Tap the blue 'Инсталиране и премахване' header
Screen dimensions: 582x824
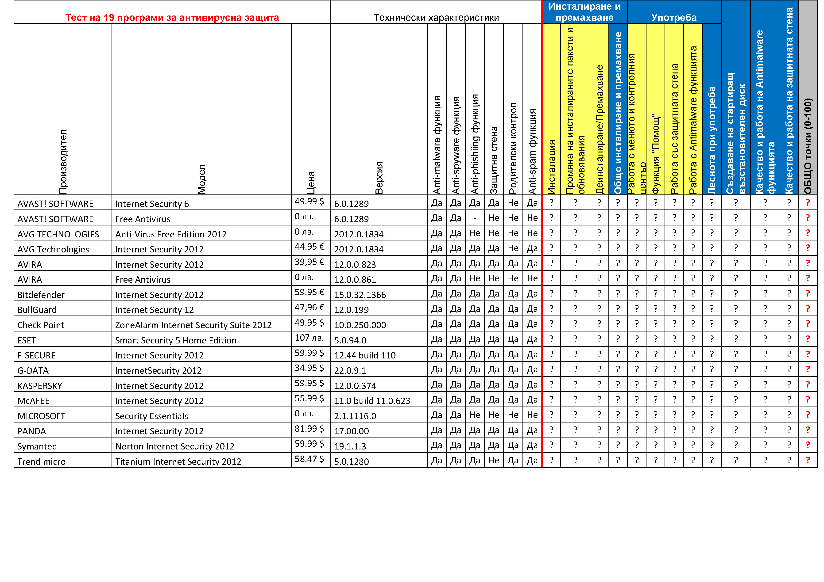point(584,12)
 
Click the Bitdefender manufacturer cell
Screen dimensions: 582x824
point(41,295)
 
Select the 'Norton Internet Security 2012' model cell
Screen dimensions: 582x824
point(175,446)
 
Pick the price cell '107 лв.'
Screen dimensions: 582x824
point(309,338)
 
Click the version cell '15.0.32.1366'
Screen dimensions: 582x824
point(360,295)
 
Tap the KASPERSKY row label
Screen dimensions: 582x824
point(40,386)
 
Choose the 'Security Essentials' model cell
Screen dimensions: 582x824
point(151,416)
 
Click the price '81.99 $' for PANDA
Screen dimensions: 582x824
point(309,429)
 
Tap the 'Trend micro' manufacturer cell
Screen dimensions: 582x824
point(41,461)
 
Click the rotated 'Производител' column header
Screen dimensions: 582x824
point(63,161)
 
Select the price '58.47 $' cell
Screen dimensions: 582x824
point(309,459)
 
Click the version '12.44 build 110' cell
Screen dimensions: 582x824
point(365,355)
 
